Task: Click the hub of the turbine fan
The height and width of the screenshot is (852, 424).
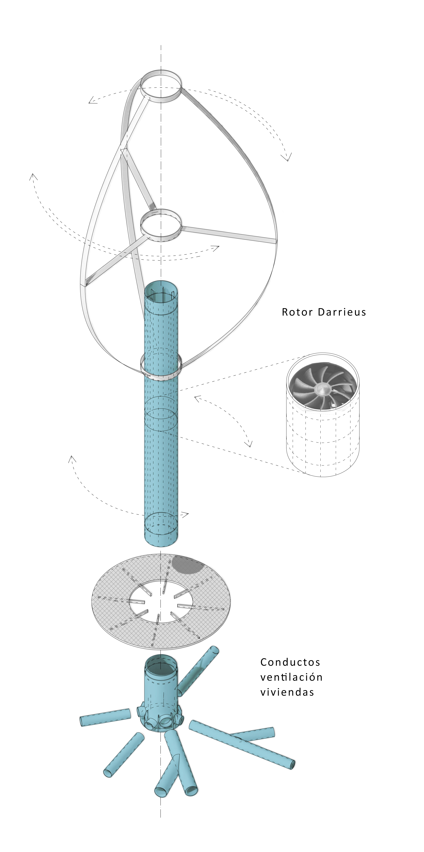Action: [x=320, y=389]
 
